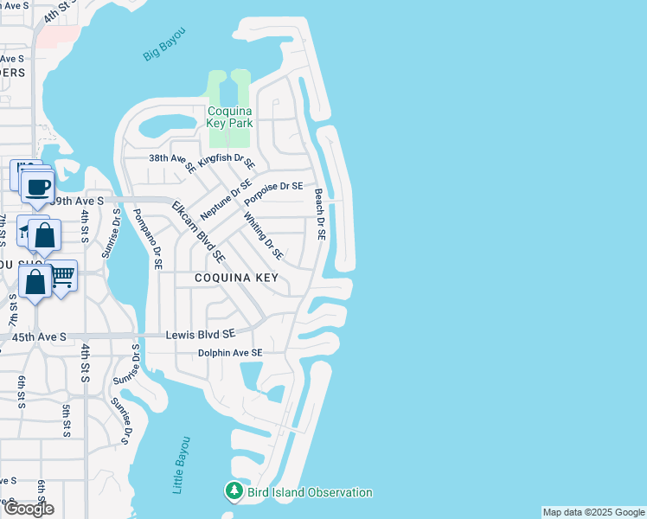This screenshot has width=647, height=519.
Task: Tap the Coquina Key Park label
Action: (229, 117)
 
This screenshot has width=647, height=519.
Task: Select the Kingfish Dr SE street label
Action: (227, 161)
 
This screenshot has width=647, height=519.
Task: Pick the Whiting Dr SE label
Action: (264, 236)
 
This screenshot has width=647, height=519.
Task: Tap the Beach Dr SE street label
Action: (319, 214)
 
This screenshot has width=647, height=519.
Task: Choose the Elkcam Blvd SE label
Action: (198, 232)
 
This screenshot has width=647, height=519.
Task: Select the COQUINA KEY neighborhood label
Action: (236, 278)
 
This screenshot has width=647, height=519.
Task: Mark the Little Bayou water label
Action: (182, 465)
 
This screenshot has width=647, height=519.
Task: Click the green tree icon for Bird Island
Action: (234, 491)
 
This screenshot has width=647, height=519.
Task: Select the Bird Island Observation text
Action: (310, 492)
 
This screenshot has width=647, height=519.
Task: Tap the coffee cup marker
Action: (38, 187)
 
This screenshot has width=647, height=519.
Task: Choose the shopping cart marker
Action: (62, 277)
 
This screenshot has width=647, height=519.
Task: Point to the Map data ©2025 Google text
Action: (593, 512)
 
